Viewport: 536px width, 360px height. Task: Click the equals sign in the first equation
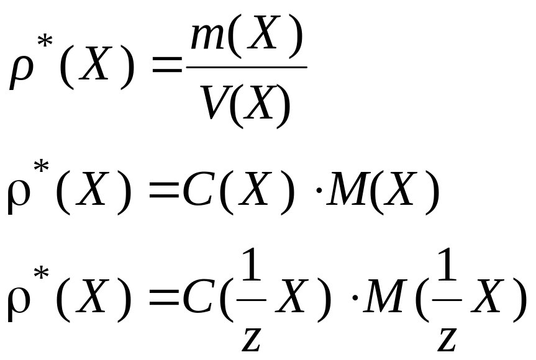pos(166,68)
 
